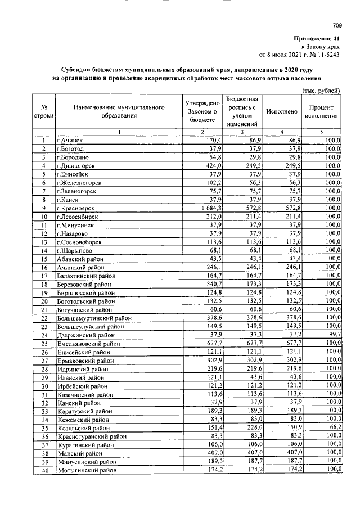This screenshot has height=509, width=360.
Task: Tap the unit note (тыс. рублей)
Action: (321, 91)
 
